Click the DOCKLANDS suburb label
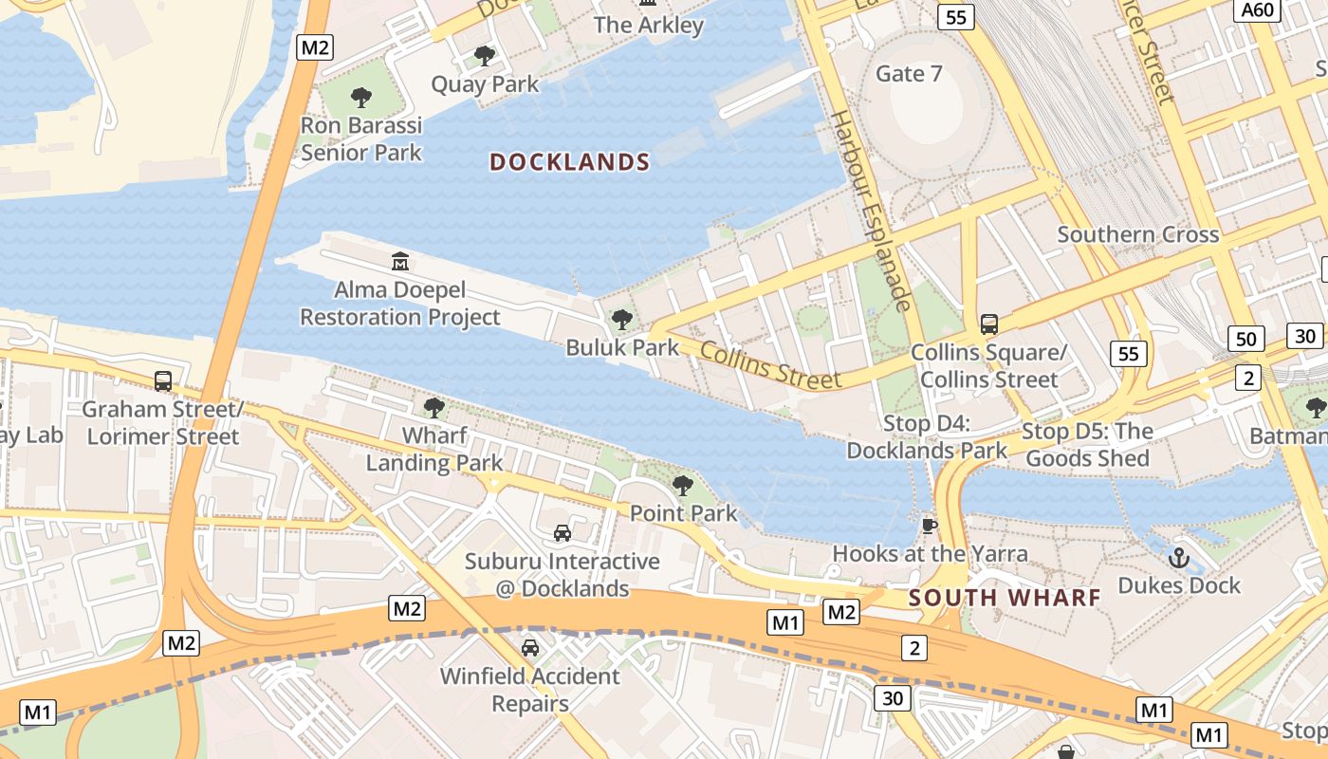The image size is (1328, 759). [x=569, y=162]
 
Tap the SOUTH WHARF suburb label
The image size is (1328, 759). [x=1005, y=598]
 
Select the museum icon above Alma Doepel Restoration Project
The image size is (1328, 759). [x=400, y=261]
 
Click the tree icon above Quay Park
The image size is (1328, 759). [x=485, y=56]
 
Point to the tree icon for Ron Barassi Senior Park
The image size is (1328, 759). [x=360, y=97]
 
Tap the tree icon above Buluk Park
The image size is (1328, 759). [x=622, y=320]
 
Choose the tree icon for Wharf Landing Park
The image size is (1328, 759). [x=434, y=408]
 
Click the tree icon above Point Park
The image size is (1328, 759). [x=683, y=486]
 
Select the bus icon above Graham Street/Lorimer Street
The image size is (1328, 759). [x=163, y=381]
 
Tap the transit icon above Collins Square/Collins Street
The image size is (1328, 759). [x=989, y=324]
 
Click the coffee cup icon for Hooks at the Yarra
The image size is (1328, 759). [x=930, y=526]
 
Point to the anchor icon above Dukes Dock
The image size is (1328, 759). [x=1179, y=557]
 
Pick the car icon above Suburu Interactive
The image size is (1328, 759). [x=563, y=533]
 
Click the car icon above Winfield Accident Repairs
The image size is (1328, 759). [x=530, y=648]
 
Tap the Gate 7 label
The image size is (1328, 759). [x=909, y=74]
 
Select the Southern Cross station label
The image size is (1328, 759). [x=1137, y=234]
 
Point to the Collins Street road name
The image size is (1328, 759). [x=770, y=365]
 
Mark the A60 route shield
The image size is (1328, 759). [x=1258, y=10]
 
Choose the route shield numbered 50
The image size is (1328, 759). [x=1246, y=339]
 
